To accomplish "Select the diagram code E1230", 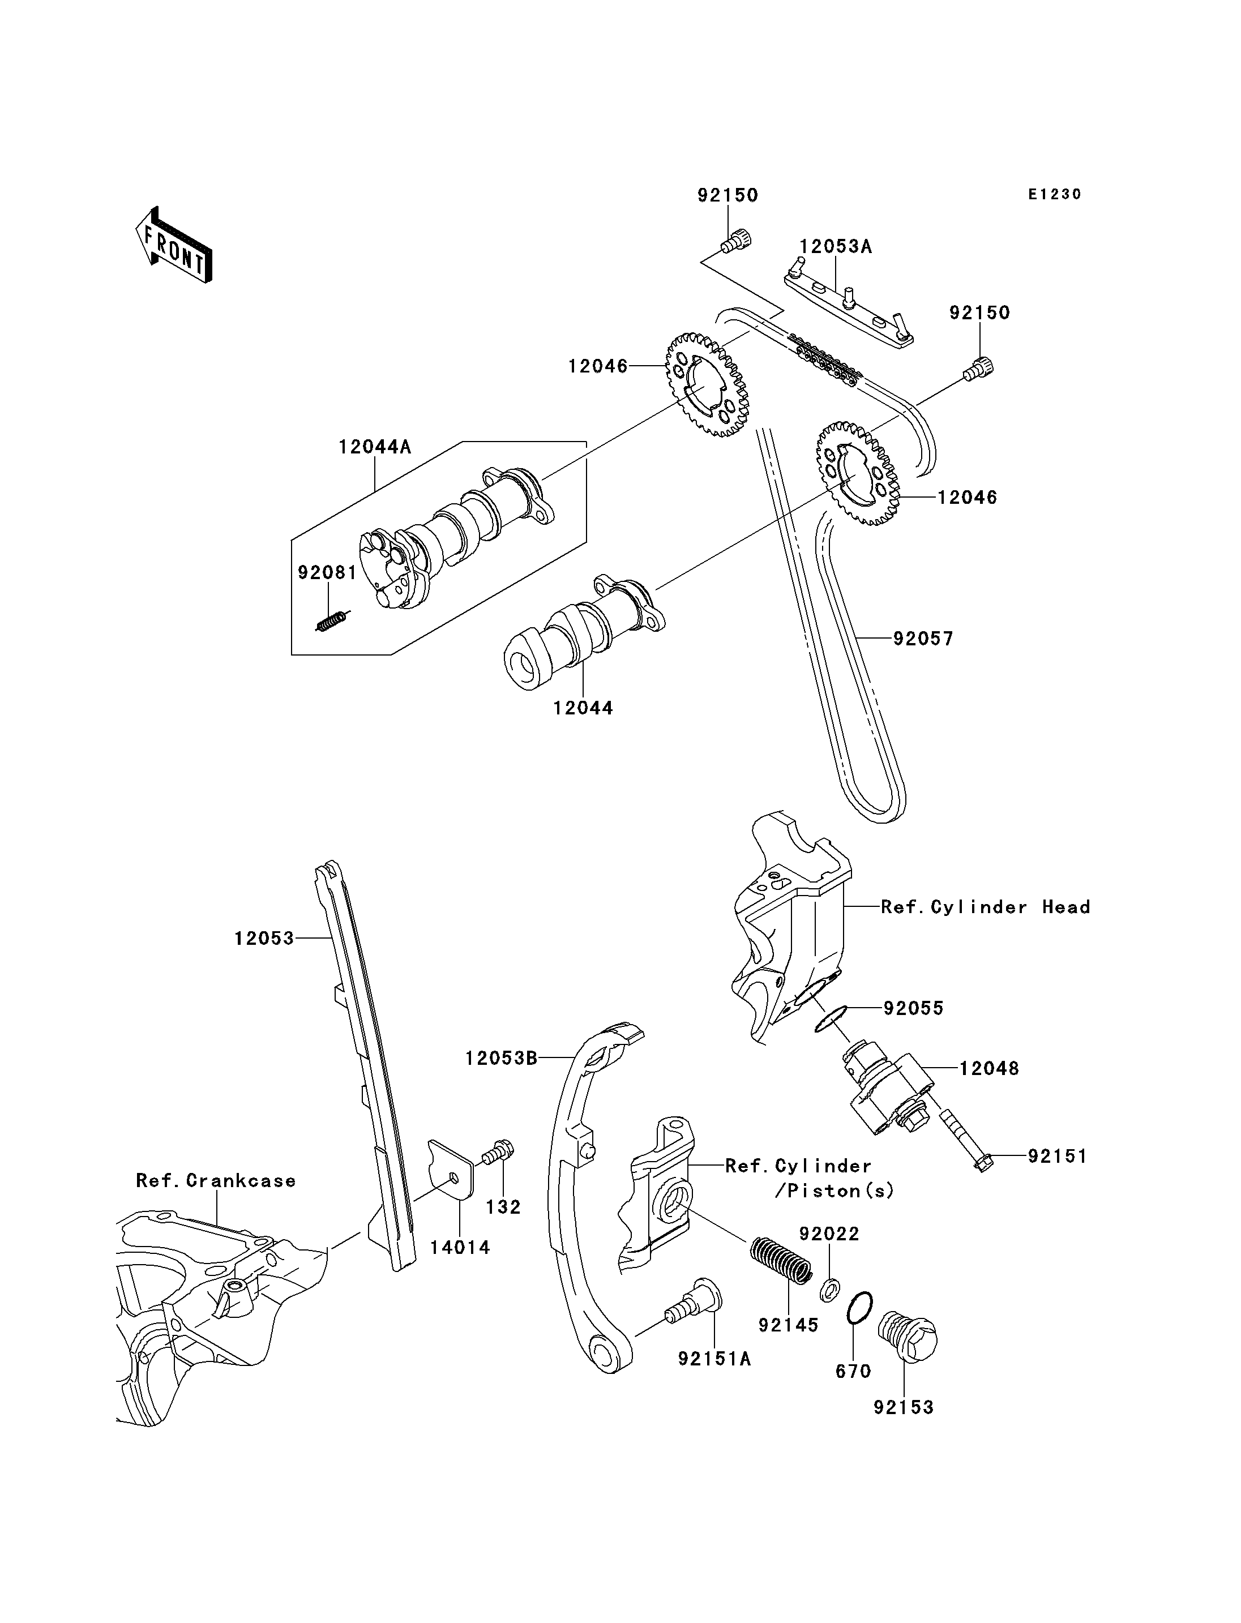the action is click(1055, 194).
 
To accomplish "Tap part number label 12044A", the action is click(375, 447).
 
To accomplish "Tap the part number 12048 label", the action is click(989, 1068).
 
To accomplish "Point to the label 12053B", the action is click(501, 1059).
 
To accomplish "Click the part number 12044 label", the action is click(583, 708).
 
